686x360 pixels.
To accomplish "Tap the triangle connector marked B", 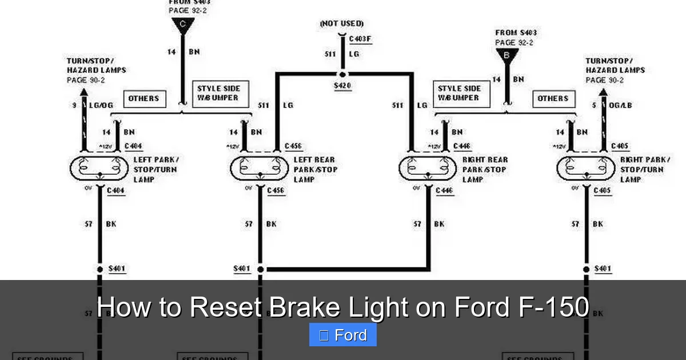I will coord(507,55).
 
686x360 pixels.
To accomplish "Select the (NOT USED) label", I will coord(342,23).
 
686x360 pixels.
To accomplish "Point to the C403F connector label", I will coord(360,38).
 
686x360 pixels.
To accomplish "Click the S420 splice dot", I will coord(342,74).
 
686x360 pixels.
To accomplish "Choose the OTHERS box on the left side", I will coord(143,98).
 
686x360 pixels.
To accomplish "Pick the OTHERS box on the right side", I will coord(553,98).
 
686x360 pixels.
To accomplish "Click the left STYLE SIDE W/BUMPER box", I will coord(219,93).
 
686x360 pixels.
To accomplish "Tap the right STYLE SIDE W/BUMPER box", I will coord(459,93).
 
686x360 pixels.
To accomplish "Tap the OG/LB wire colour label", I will coord(620,105).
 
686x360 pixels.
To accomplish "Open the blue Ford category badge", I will coord(343,335).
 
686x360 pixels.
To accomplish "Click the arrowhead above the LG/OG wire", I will coord(84,91).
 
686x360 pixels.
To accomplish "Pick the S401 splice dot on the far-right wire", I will coord(586,269).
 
